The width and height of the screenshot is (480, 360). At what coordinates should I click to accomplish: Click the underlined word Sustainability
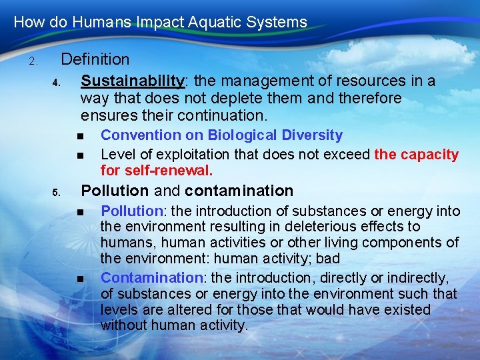[132, 81]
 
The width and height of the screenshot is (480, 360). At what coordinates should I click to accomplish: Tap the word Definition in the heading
[95, 60]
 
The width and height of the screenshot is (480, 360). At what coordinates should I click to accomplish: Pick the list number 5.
[57, 193]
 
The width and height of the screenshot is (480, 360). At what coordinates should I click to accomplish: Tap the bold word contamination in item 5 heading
[239, 191]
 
